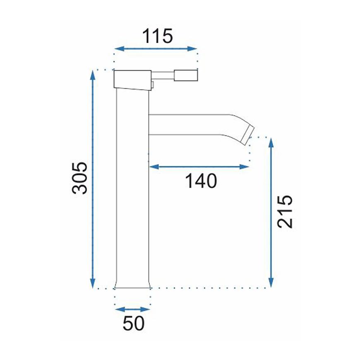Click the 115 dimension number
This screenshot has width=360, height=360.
(157, 36)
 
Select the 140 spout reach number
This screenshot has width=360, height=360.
(201, 181)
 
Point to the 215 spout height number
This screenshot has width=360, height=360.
(285, 211)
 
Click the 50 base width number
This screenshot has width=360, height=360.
(134, 323)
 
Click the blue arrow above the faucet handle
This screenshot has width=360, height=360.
(156, 49)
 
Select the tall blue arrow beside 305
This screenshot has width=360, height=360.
(93, 179)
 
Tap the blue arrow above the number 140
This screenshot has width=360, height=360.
(199, 167)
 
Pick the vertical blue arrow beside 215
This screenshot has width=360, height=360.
(271, 213)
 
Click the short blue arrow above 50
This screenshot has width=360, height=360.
(132, 310)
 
